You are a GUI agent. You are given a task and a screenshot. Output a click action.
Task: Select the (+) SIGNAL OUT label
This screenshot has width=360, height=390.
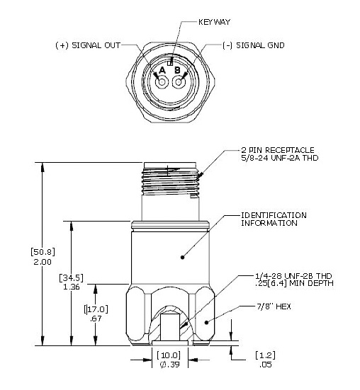point(87,45)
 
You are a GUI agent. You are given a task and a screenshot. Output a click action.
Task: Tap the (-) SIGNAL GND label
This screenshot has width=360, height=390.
point(254,45)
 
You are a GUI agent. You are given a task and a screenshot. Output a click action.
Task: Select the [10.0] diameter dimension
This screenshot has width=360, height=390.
point(173,355)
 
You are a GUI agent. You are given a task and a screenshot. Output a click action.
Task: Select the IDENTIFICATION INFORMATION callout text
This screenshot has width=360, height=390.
point(274,219)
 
